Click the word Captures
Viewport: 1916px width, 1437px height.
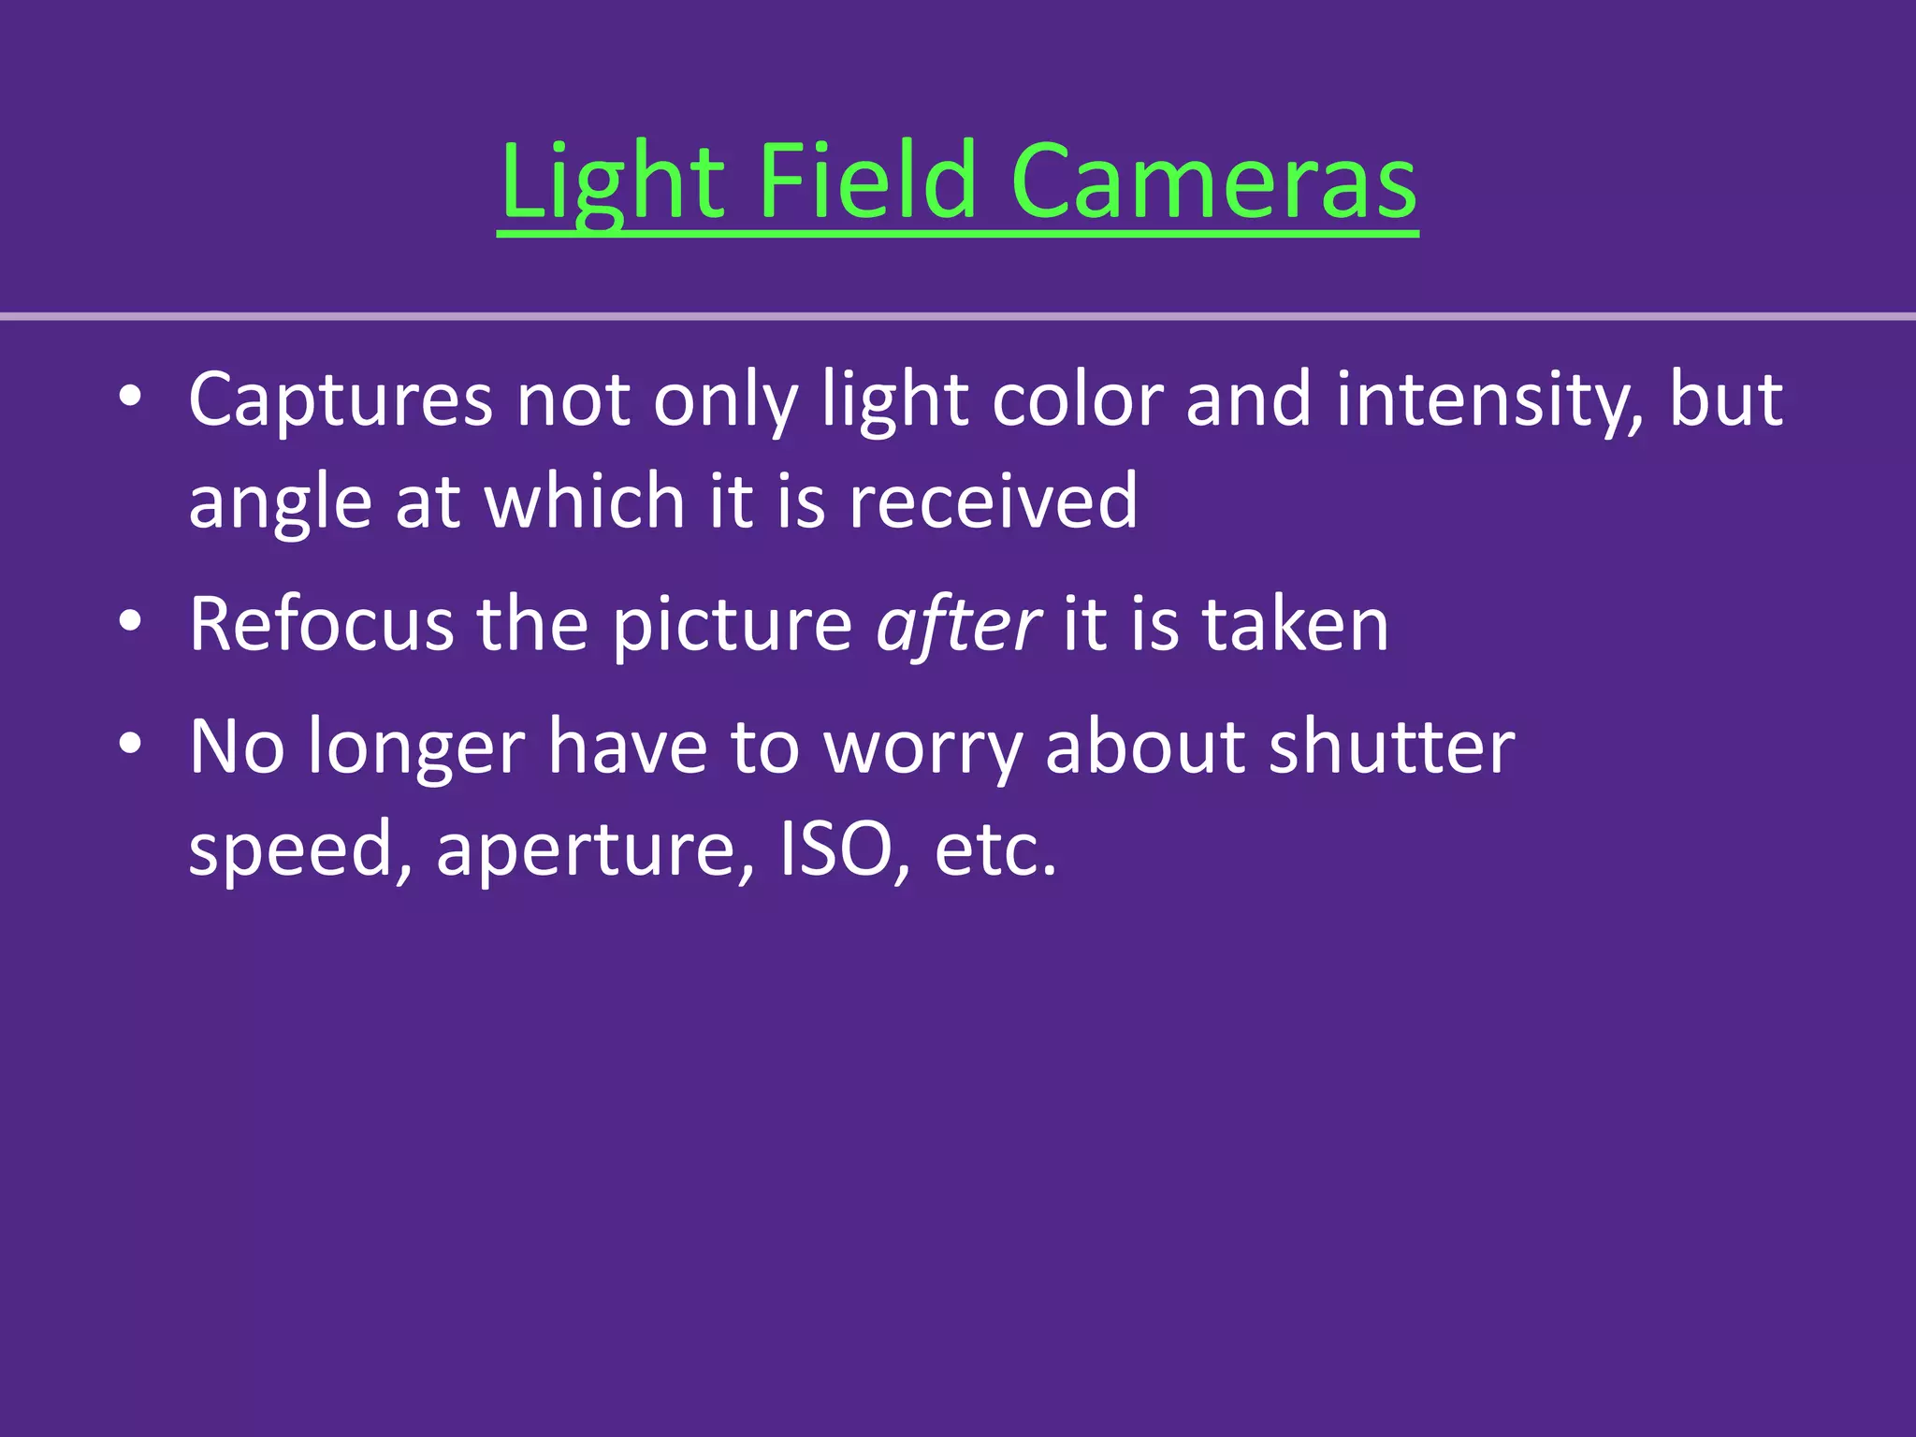tap(341, 400)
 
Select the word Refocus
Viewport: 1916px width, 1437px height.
tap(322, 624)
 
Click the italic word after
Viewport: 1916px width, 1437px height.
tap(958, 624)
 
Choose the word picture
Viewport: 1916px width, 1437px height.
tap(733, 624)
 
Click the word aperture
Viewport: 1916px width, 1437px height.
tap(596, 849)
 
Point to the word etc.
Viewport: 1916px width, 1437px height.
tap(995, 849)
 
